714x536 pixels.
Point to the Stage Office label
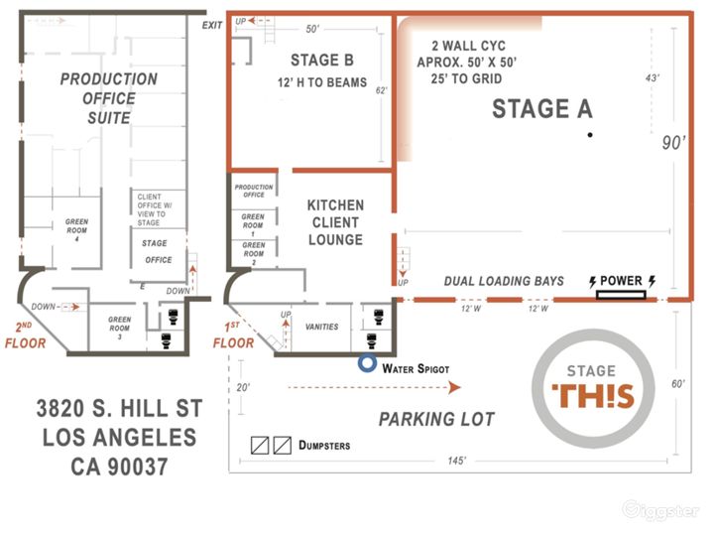(155, 251)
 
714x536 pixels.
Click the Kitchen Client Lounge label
(335, 222)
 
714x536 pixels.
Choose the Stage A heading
(542, 110)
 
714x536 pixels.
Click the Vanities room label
(321, 327)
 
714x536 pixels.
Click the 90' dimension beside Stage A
(673, 142)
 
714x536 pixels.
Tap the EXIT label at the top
(211, 25)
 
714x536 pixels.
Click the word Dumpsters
(324, 446)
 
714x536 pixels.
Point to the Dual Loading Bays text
(504, 281)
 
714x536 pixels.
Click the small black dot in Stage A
(589, 134)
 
